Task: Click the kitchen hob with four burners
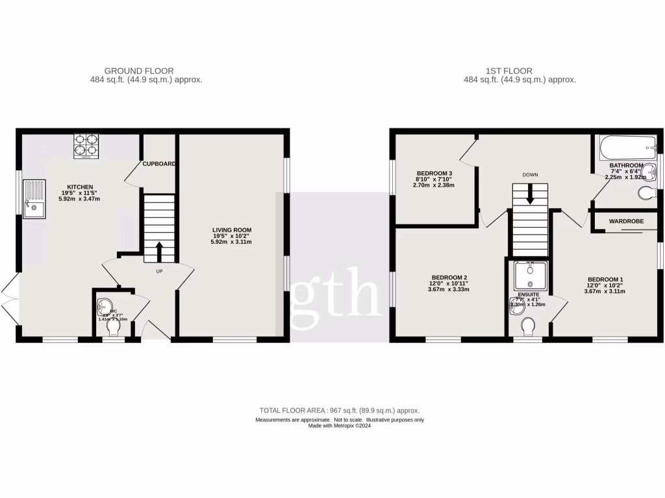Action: tap(85, 146)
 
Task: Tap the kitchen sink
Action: tap(34, 198)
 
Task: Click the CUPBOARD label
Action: tap(159, 164)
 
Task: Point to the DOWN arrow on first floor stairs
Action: tap(531, 193)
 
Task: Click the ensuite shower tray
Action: tap(531, 275)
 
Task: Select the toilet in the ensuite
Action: tap(529, 327)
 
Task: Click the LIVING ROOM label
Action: tap(231, 230)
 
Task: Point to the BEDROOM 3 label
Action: tap(434, 173)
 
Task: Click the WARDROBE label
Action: tap(626, 221)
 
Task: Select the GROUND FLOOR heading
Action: tap(139, 71)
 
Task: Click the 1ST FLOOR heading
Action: tap(508, 71)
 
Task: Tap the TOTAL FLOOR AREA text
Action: tap(339, 410)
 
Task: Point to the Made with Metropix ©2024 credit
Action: tap(339, 426)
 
